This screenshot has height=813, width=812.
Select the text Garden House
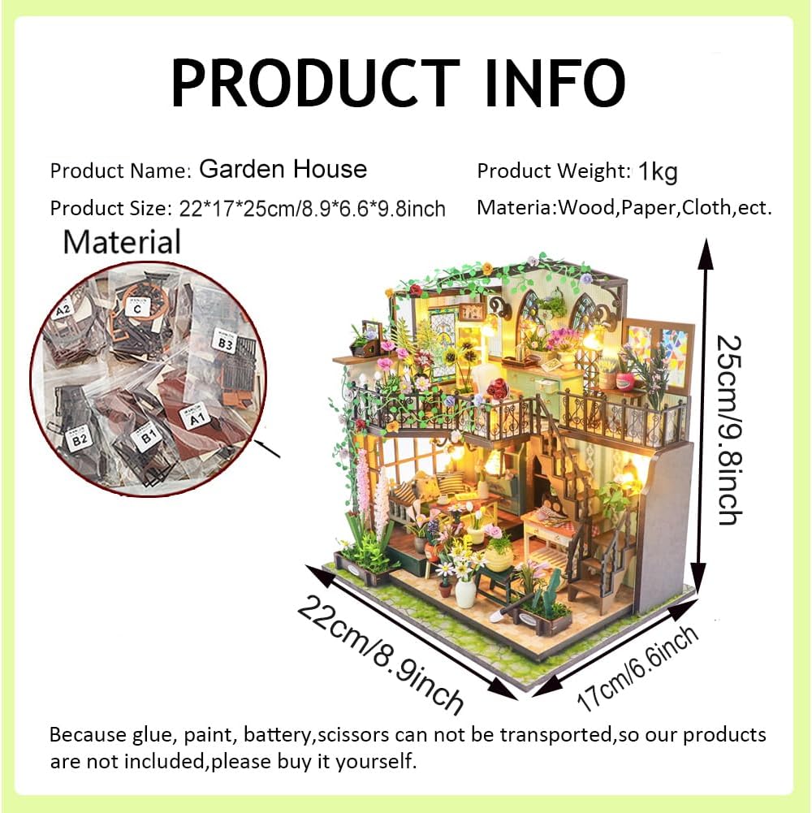click(283, 169)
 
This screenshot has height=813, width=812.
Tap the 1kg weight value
click(658, 171)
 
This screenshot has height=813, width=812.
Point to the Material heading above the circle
click(122, 242)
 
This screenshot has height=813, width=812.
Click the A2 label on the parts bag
click(63, 310)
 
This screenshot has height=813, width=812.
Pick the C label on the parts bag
click(137, 309)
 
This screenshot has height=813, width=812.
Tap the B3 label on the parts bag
click(224, 340)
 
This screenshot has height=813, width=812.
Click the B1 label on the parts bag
click(149, 441)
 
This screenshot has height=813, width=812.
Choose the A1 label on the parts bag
click(195, 419)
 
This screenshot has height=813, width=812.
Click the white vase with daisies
click(465, 592)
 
